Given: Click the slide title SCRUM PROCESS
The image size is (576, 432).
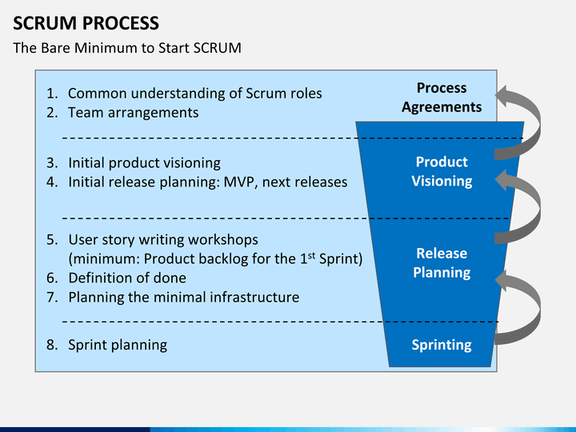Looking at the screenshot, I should click(86, 22).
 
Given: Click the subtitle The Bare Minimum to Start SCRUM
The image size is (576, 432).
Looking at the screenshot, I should click(127, 48).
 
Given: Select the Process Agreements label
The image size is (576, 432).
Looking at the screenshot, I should click(442, 98).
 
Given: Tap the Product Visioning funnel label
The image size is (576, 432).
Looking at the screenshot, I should click(442, 171).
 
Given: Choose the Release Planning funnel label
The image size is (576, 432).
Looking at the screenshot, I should click(442, 262).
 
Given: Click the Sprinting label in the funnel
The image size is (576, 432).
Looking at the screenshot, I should click(442, 345).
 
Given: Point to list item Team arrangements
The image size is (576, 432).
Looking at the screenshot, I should click(133, 113).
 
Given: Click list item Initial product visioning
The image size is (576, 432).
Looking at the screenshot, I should click(144, 162).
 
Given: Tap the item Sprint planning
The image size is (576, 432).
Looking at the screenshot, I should click(118, 345).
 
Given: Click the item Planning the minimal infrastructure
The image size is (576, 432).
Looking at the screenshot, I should click(183, 298).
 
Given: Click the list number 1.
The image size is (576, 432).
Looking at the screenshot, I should click(51, 94).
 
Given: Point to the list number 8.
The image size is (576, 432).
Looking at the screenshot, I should click(51, 345).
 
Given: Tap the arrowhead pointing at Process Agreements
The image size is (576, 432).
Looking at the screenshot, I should click(502, 98).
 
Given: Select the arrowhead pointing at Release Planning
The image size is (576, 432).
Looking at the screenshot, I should click(502, 280).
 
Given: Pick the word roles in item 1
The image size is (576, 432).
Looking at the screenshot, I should click(304, 94).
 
